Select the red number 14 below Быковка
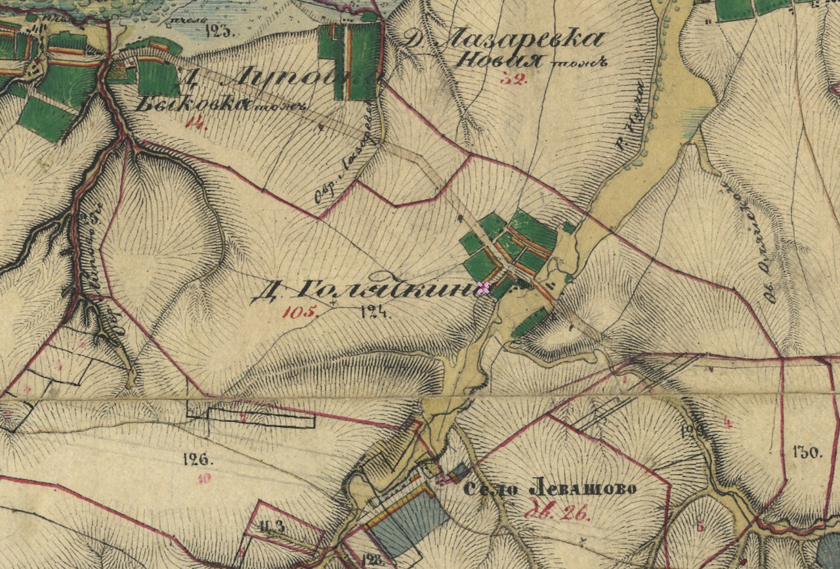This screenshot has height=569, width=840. pyautogui.click(x=196, y=123)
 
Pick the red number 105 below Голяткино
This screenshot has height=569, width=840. pyautogui.click(x=299, y=312)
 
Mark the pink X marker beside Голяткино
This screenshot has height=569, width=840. pyautogui.click(x=484, y=287)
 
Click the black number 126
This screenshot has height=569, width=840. pyautogui.click(x=196, y=459)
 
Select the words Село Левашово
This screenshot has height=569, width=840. pyautogui.click(x=549, y=489)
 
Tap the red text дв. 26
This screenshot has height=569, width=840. pyautogui.click(x=558, y=514)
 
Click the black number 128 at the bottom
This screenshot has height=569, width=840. pyautogui.click(x=371, y=560)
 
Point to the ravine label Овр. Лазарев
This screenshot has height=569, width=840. pyautogui.click(x=346, y=158)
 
